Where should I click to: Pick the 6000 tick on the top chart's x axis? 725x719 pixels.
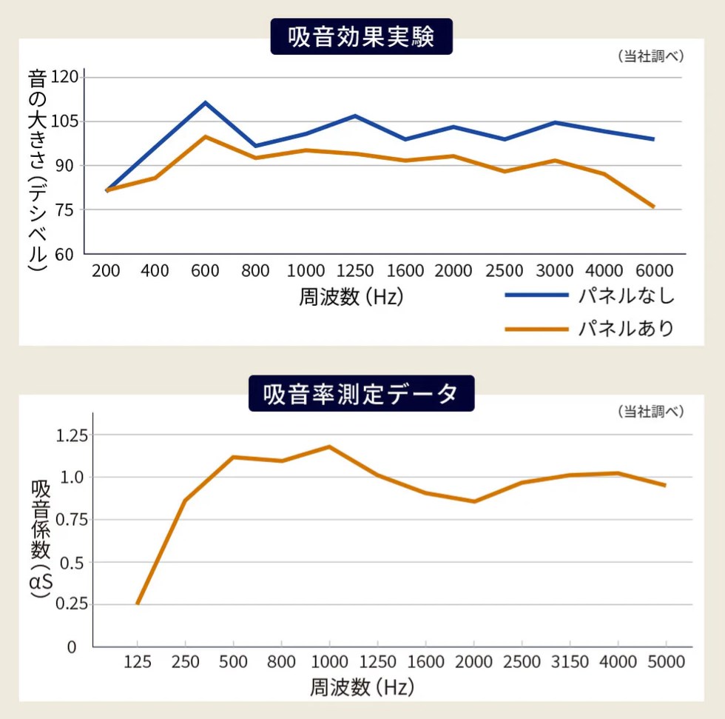(x=653, y=270)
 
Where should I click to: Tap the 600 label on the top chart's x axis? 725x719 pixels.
(x=205, y=270)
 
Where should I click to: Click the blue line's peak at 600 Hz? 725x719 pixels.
(x=206, y=102)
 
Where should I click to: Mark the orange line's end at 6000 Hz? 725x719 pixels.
(x=654, y=207)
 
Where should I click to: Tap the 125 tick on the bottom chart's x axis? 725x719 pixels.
(x=138, y=662)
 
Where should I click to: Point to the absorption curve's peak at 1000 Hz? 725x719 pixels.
(x=329, y=447)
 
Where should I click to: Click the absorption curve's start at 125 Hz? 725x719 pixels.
(x=138, y=603)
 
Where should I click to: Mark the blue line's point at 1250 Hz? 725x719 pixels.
(x=355, y=116)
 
